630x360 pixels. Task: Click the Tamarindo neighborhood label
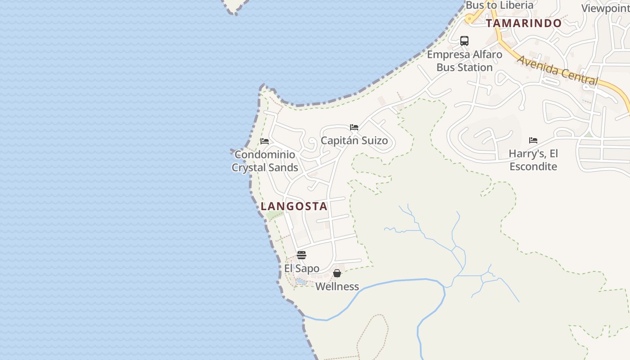pyautogui.click(x=524, y=23)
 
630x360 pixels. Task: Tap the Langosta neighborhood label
pyautogui.click(x=294, y=207)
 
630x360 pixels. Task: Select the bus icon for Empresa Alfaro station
pyautogui.click(x=464, y=41)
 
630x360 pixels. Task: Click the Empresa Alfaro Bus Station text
pyautogui.click(x=464, y=61)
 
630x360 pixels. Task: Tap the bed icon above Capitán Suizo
pyautogui.click(x=354, y=127)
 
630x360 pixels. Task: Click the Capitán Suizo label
pyautogui.click(x=354, y=141)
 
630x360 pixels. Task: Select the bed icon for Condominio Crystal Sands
pyautogui.click(x=265, y=141)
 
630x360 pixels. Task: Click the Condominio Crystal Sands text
pyautogui.click(x=265, y=161)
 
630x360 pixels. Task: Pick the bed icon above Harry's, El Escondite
pyautogui.click(x=533, y=140)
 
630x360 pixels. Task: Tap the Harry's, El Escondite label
pyautogui.click(x=533, y=160)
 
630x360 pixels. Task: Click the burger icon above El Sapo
pyautogui.click(x=301, y=255)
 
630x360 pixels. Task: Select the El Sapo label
pyautogui.click(x=301, y=269)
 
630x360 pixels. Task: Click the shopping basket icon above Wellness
pyautogui.click(x=337, y=273)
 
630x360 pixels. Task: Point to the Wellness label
pyautogui.click(x=337, y=287)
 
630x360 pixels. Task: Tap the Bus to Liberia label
pyautogui.click(x=499, y=5)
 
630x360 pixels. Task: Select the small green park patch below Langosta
pyautogui.click(x=272, y=215)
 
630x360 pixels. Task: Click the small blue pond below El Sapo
pyautogui.click(x=301, y=282)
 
